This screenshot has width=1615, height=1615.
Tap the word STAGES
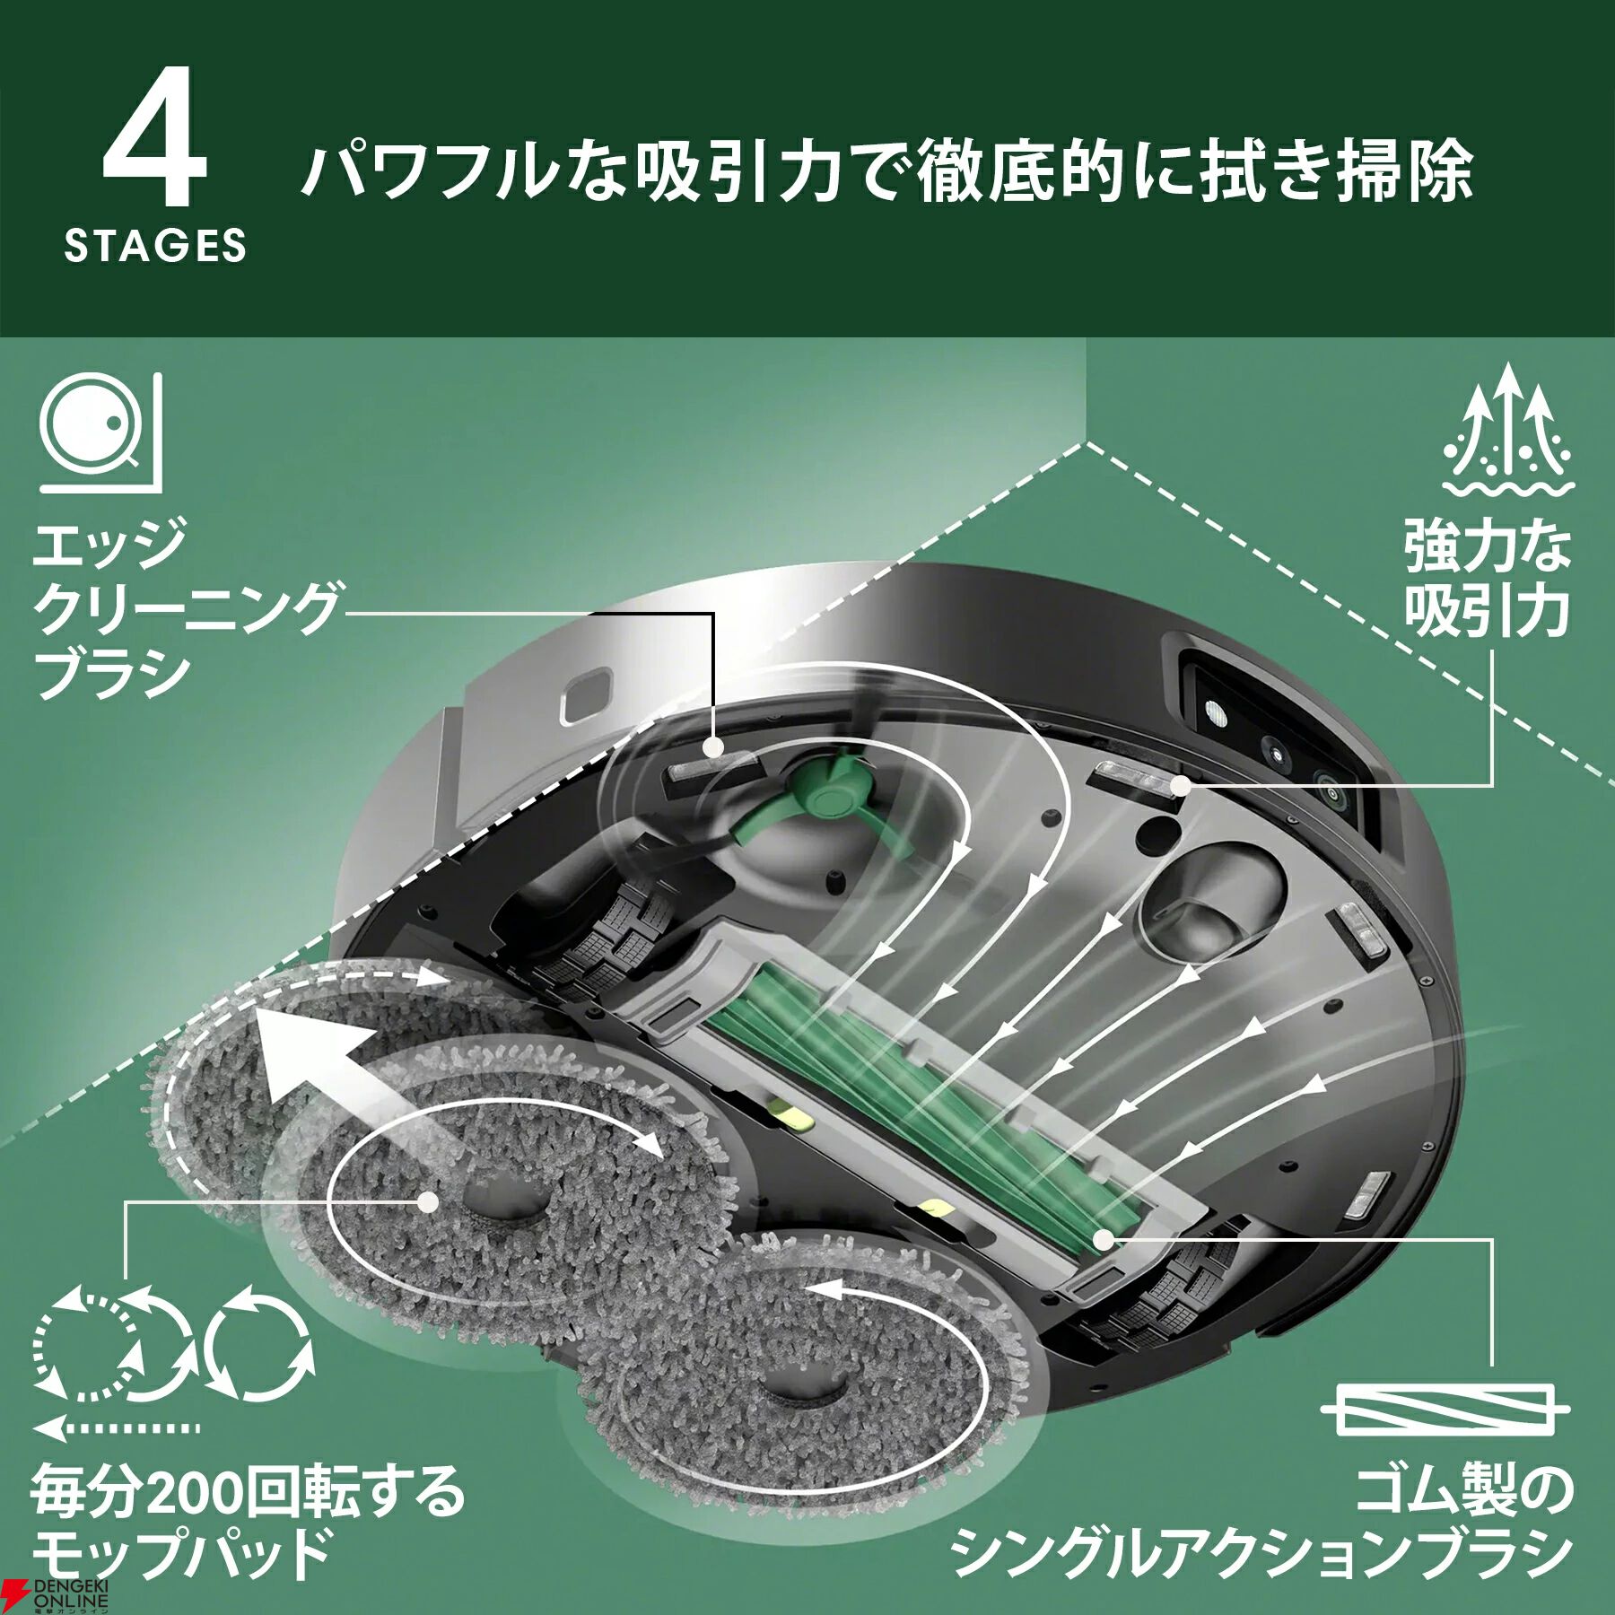click(x=155, y=245)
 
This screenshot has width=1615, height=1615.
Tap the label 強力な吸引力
click(x=1487, y=580)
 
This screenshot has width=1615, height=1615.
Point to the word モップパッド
click(x=179, y=1558)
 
